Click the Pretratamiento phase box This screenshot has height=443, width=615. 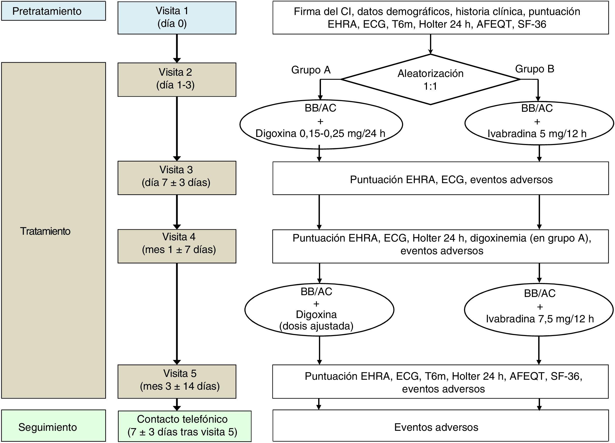click(53, 11)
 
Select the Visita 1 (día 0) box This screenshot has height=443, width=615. click(177, 18)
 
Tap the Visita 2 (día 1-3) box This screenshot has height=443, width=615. click(177, 80)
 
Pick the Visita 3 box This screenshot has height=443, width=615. click(177, 178)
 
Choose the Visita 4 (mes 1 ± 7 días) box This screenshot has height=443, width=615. click(177, 246)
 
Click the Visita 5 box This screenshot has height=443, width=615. click(177, 381)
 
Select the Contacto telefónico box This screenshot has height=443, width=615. click(184, 426)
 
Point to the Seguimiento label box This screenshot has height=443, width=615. click(53, 425)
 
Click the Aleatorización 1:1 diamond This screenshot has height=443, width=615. click(430, 80)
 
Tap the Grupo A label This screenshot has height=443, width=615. click(311, 70)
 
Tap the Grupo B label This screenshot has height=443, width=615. click(534, 69)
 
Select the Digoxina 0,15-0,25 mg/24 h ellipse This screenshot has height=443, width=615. click(321, 124)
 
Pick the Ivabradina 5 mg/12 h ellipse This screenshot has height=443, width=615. click(539, 123)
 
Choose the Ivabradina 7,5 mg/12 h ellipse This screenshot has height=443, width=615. click(539, 309)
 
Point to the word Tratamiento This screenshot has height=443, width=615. click(45, 231)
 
